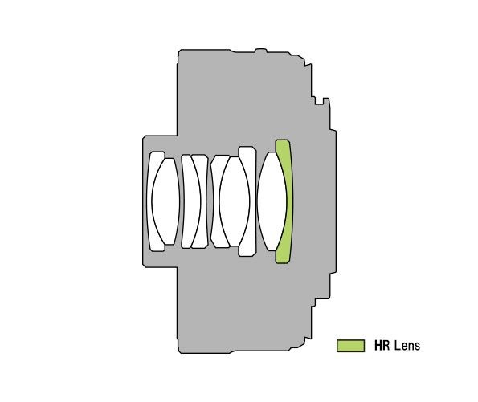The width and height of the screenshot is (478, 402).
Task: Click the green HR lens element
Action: (288, 201)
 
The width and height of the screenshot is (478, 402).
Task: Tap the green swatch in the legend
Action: (350, 346)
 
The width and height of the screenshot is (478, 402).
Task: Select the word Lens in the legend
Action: (407, 346)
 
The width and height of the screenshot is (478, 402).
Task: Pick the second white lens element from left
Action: (165, 201)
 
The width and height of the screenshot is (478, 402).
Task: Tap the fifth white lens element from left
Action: (215, 201)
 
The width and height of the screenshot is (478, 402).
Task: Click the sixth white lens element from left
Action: (234, 201)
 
